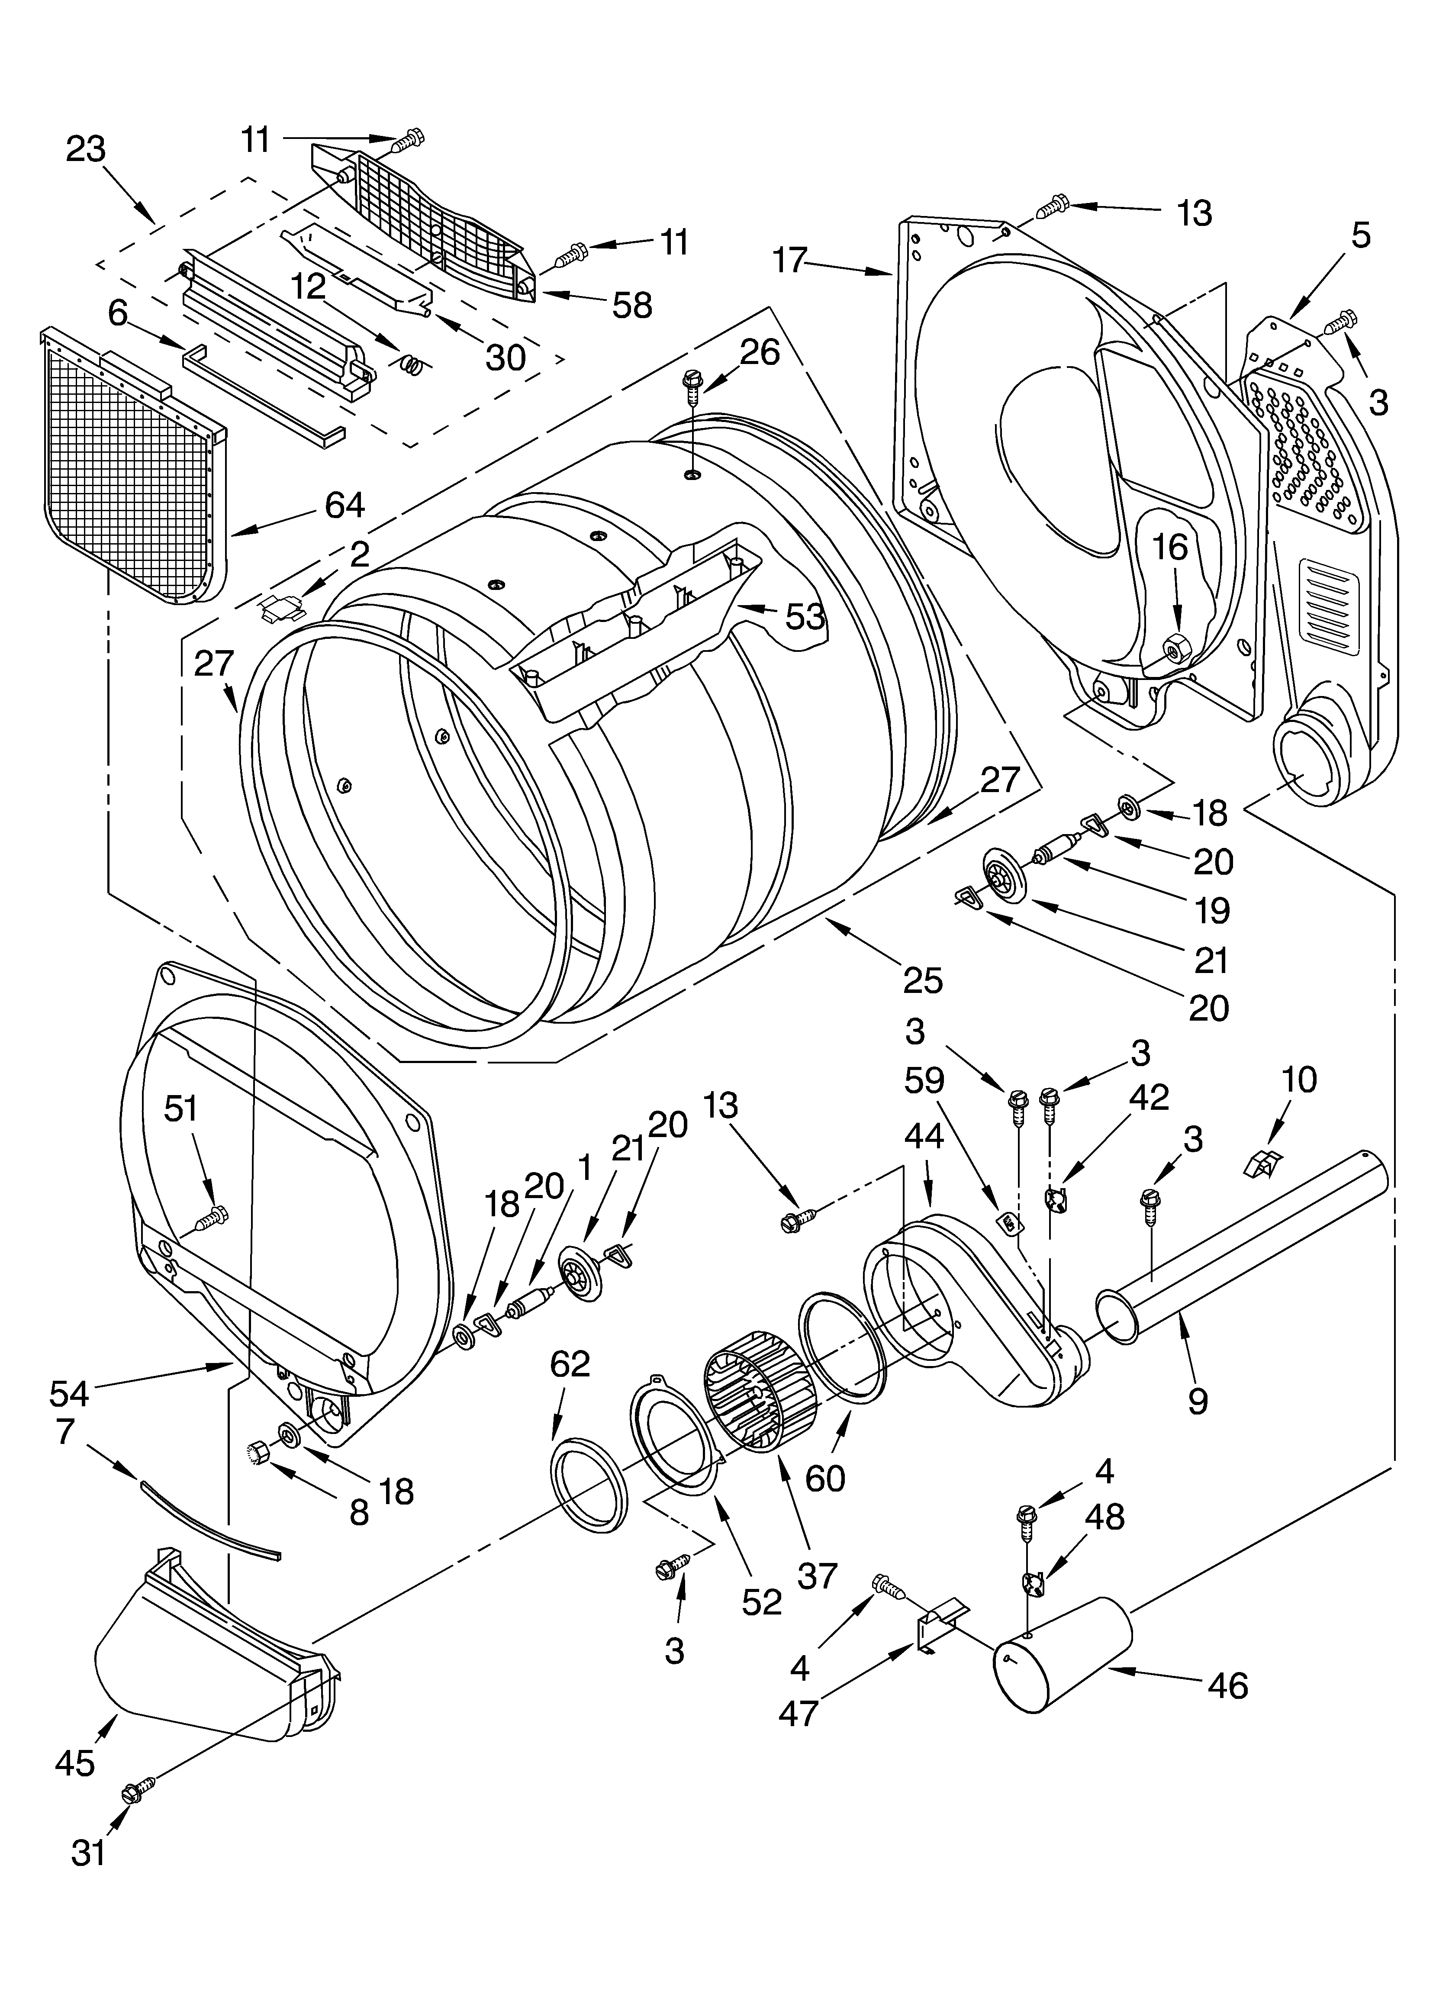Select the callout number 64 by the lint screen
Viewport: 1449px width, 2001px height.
coord(344,506)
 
